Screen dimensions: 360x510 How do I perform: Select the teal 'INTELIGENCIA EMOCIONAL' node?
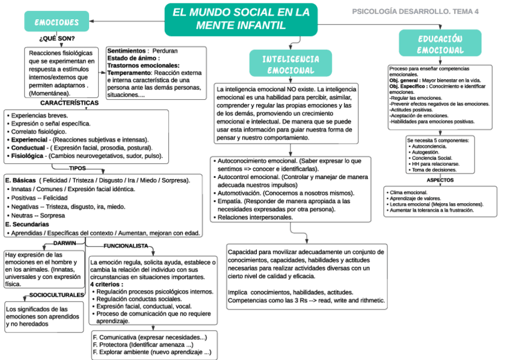click(290, 64)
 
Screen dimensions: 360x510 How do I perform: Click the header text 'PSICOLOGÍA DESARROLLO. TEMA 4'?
click(415, 11)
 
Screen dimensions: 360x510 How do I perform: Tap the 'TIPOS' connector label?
click(78, 168)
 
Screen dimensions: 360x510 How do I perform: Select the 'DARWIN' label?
click(65, 243)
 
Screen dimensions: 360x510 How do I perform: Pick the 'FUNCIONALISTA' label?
click(125, 246)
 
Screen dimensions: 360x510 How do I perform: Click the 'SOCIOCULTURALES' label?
click(57, 295)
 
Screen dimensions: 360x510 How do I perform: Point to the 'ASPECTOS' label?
click(440, 180)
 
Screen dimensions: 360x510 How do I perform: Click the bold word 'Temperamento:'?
click(129, 73)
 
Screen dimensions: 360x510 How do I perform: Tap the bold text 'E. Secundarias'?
click(26, 224)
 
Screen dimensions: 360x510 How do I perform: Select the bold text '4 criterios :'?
click(111, 284)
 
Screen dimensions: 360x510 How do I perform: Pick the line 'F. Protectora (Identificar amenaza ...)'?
click(143, 345)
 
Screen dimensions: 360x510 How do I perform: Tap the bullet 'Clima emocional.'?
click(408, 192)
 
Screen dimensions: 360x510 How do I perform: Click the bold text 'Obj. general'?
click(404, 80)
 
